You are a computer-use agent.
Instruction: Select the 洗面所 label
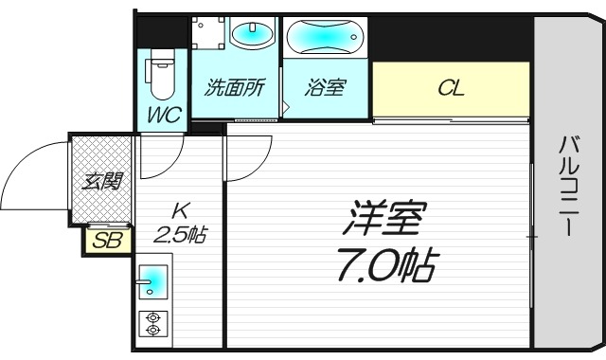pos(235,89)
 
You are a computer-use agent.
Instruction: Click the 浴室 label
pos(325,89)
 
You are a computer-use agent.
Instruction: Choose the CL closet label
pos(450,89)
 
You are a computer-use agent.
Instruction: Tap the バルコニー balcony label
pos(568,188)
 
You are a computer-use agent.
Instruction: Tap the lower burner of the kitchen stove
pos(152,331)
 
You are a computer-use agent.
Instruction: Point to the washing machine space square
pos(209,36)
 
